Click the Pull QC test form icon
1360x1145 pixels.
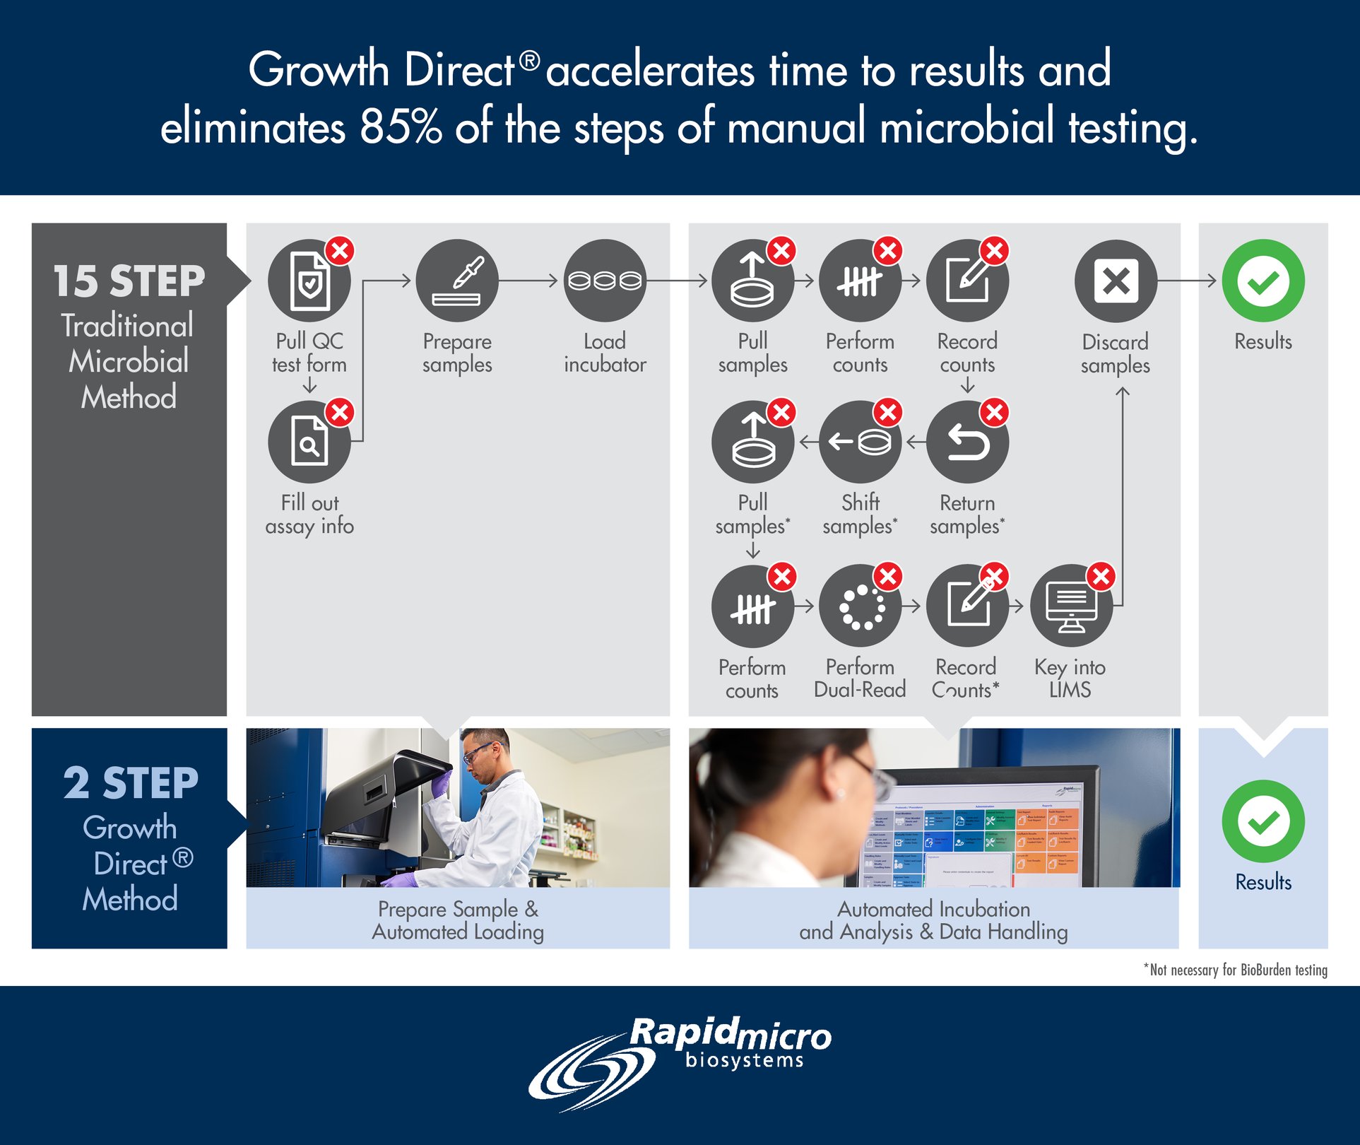[x=309, y=281]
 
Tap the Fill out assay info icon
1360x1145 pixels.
[x=309, y=442]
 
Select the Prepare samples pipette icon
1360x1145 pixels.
[x=457, y=281]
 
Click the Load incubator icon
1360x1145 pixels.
[x=605, y=281]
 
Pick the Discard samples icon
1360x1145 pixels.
[x=1116, y=281]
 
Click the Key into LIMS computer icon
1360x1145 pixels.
[x=1071, y=606]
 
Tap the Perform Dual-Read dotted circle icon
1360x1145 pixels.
[x=860, y=606]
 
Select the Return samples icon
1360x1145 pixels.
[x=967, y=442]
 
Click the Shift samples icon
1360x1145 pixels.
[x=860, y=442]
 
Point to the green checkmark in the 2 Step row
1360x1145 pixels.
[x=1263, y=821]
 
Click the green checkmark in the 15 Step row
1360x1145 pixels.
[x=1263, y=281]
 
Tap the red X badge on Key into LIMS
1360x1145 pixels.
[x=1101, y=577]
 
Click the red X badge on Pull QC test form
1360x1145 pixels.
[x=340, y=250]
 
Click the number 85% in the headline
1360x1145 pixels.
[x=401, y=128]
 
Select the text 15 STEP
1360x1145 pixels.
[x=129, y=281]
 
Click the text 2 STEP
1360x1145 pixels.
[x=131, y=783]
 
